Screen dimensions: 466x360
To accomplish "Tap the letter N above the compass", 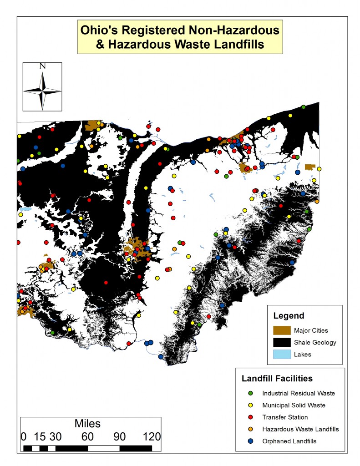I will click(42, 66).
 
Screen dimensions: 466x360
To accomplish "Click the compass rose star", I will click(42, 91).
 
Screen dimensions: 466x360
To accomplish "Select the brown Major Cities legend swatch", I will click(281, 330).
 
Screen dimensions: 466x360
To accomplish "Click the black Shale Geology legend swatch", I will click(281, 342).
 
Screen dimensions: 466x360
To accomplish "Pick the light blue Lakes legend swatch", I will click(281, 355).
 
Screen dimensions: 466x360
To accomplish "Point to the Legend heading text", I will click(289, 315).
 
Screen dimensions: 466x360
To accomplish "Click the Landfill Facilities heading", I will click(277, 378).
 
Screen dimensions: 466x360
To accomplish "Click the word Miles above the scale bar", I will click(87, 424).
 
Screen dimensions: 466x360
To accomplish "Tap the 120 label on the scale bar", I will click(151, 436).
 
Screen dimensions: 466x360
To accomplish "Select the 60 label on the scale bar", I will click(87, 436).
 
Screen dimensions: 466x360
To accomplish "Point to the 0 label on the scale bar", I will click(24, 436).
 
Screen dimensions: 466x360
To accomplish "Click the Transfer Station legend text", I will click(285, 417).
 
